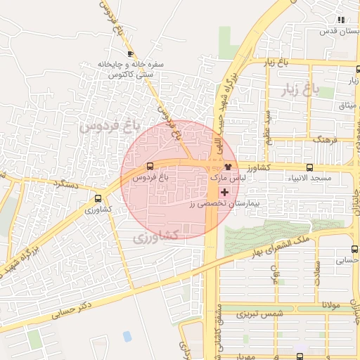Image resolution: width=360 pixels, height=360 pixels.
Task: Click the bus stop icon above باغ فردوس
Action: (150, 167)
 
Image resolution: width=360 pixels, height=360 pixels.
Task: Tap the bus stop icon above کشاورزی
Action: (98, 198)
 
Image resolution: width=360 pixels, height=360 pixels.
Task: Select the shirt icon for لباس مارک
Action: (228, 167)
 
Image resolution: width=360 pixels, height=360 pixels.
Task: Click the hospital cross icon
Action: (224, 191)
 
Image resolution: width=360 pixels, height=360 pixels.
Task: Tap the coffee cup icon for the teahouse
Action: (129, 53)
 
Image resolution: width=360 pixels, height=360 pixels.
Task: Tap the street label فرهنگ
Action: (327, 140)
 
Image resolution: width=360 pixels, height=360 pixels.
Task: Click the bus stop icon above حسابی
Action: (354, 249)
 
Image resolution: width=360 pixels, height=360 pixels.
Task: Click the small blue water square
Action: (127, 336)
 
